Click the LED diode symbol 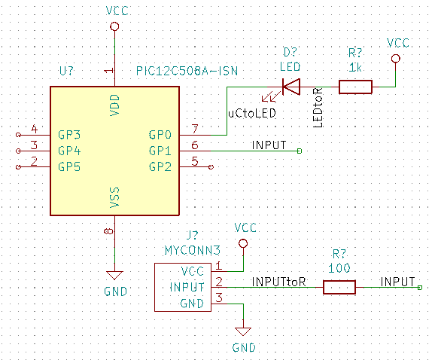click(291, 87)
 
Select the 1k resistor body click(355, 87)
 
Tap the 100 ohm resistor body click(339, 287)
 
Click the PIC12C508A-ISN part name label click(187, 71)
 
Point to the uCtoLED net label click(252, 113)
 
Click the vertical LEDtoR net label click(318, 108)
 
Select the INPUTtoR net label click(278, 282)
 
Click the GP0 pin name click(160, 135)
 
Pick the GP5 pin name click(69, 166)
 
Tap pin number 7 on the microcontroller click(195, 129)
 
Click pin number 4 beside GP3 click(34, 129)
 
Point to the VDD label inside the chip click(114, 105)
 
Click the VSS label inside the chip click(114, 197)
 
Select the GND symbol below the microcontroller click(114, 276)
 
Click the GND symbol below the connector click(243, 331)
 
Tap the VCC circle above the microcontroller click(114, 26)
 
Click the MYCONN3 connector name click(192, 250)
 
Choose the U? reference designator click(67, 71)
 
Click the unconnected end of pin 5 click(211, 166)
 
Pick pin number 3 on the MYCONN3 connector click(219, 297)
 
